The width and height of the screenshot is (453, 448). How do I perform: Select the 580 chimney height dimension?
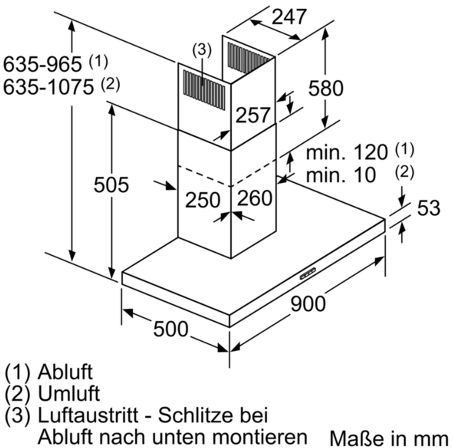326,88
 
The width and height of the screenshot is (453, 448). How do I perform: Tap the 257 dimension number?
252,115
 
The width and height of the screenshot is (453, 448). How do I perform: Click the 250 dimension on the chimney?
203,200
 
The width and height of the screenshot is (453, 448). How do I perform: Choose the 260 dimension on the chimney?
255,198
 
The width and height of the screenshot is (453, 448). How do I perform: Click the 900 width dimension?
308,304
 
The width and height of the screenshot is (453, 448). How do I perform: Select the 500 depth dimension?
171,329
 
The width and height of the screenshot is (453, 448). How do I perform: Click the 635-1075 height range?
48,87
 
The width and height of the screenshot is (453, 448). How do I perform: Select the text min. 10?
341,175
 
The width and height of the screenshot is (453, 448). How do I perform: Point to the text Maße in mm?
389,438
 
